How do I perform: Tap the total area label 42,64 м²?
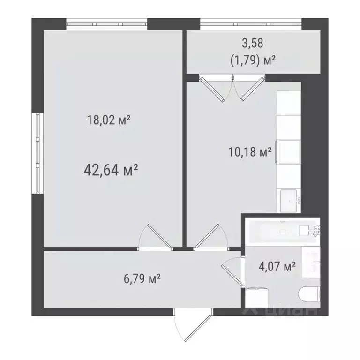111,169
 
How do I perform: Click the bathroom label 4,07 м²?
277,267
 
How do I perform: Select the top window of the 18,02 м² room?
106,24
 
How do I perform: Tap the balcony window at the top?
250,24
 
